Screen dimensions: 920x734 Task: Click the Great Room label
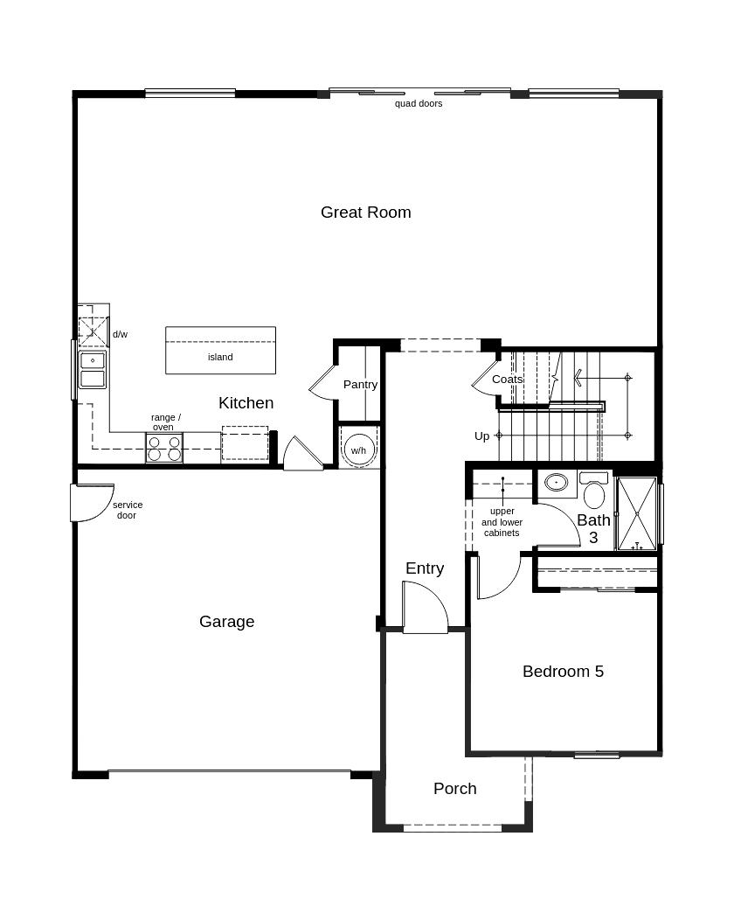point(365,213)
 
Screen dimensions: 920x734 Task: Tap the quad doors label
point(419,103)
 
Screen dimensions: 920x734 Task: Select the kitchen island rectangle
point(220,351)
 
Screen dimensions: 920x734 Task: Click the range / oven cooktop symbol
point(164,449)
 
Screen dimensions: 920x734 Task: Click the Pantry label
point(360,385)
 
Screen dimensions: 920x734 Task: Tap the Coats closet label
point(507,380)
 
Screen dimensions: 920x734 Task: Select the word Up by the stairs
point(481,436)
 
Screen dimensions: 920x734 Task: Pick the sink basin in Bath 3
point(556,483)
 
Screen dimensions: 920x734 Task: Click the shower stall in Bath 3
point(636,513)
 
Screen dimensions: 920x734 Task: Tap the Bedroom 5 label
point(563,672)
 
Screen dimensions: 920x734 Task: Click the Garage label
point(226,622)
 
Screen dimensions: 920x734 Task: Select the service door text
point(127,510)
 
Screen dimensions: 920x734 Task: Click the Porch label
point(455,789)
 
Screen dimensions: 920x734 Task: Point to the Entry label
point(425,568)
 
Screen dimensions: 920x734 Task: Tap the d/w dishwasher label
point(120,334)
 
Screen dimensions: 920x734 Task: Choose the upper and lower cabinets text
point(502,522)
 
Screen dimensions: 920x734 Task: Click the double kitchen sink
point(93,370)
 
